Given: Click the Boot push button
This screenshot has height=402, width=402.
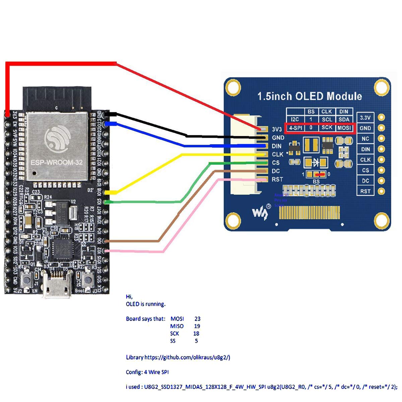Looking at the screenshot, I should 88,279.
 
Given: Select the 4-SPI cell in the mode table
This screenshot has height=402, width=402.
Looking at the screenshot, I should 295,128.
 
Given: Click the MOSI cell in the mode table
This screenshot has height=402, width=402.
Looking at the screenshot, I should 344,128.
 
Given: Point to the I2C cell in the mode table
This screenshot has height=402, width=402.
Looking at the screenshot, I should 295,119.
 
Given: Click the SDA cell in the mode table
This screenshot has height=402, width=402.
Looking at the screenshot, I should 344,119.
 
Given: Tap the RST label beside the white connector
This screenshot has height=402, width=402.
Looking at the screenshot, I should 277,180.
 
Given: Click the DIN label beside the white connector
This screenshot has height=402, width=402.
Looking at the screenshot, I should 277,146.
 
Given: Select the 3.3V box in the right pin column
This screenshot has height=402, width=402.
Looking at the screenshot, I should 365,118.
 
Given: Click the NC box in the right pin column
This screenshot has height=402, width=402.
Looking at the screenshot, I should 365,138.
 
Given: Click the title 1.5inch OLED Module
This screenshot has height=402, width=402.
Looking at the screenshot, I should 310,96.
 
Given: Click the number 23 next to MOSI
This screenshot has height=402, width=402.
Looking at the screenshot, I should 197,319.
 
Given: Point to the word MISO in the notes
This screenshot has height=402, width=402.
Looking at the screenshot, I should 177,326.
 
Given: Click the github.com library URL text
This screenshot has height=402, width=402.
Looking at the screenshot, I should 188,357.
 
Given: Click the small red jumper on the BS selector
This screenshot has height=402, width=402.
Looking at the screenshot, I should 320,174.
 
